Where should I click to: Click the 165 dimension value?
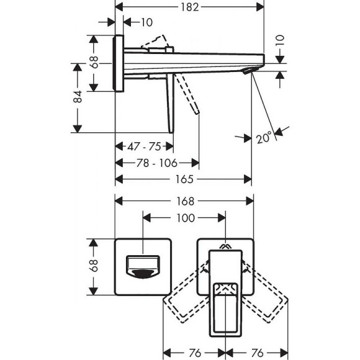(185, 179)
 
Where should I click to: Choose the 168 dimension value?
(185, 201)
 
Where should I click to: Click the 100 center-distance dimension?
(185, 217)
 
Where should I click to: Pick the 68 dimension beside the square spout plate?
(94, 267)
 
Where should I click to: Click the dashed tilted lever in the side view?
(189, 93)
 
